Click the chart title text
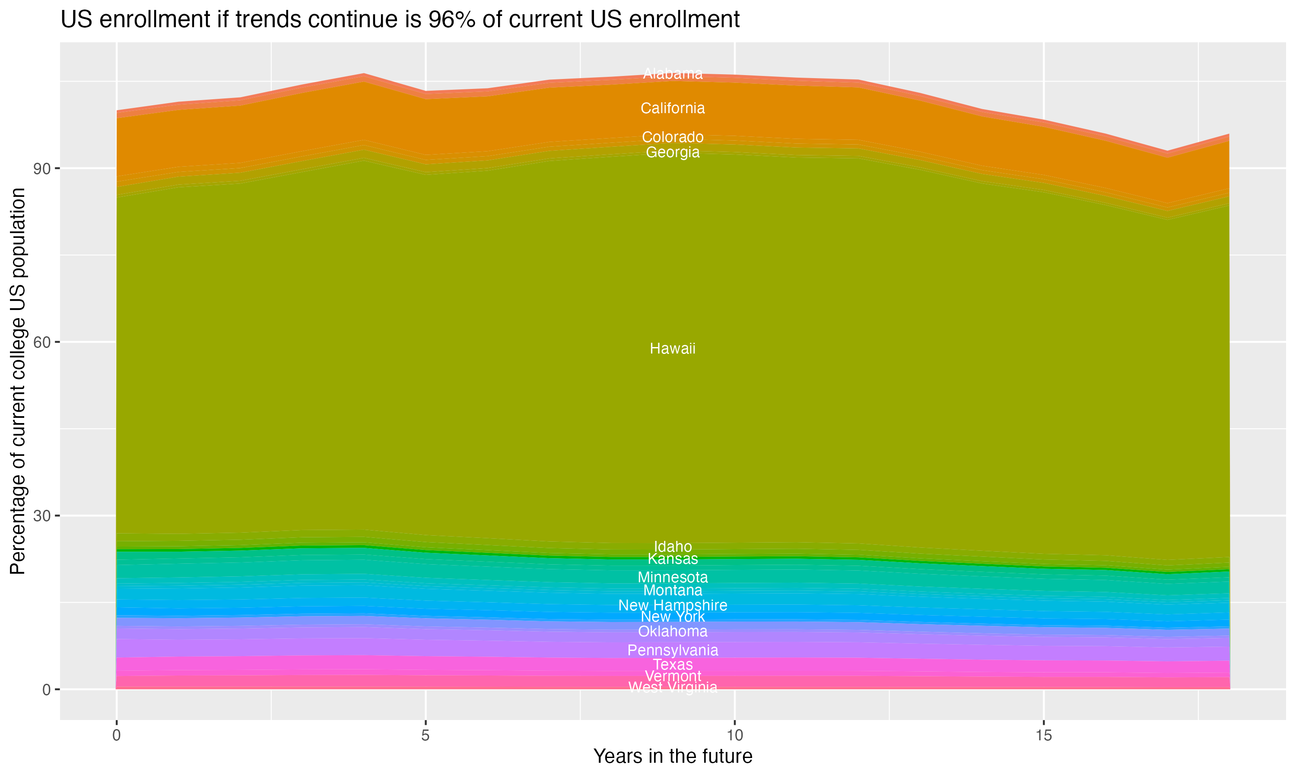[400, 20]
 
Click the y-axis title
[18, 381]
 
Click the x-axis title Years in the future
[673, 756]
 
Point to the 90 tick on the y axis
[42, 169]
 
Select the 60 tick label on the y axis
[42, 342]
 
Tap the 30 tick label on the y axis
[42, 516]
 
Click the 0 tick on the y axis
[47, 689]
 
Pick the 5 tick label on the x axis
[426, 736]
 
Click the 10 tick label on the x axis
[734, 736]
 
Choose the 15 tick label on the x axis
[1044, 736]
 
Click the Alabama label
[673, 74]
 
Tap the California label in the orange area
[673, 108]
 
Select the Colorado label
[673, 137]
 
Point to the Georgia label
[673, 152]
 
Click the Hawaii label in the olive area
[673, 349]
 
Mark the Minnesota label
[673, 578]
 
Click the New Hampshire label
[673, 605]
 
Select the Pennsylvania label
[673, 650]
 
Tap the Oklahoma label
[673, 632]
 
